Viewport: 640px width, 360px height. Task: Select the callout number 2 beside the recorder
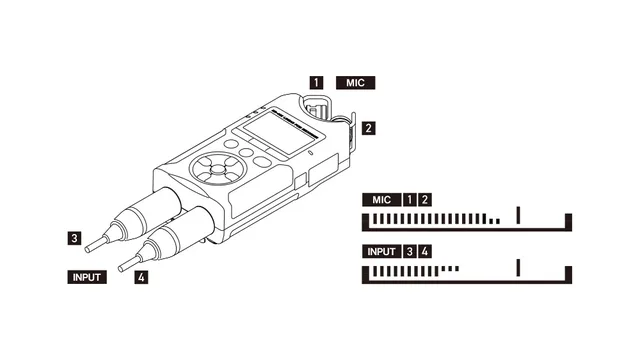[369, 128]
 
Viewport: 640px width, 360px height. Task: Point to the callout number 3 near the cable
[74, 238]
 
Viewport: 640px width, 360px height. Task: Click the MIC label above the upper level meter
[379, 200]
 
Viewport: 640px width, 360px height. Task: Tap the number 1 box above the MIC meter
[409, 200]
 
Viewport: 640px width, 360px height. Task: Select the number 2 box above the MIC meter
[425, 200]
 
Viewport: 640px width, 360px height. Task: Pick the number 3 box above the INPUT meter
[409, 250]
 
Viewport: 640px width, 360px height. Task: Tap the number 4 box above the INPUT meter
[425, 250]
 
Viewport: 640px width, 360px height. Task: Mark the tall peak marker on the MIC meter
[518, 216]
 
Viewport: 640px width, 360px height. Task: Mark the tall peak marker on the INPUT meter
[518, 267]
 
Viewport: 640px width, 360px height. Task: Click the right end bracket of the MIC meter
[568, 221]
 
